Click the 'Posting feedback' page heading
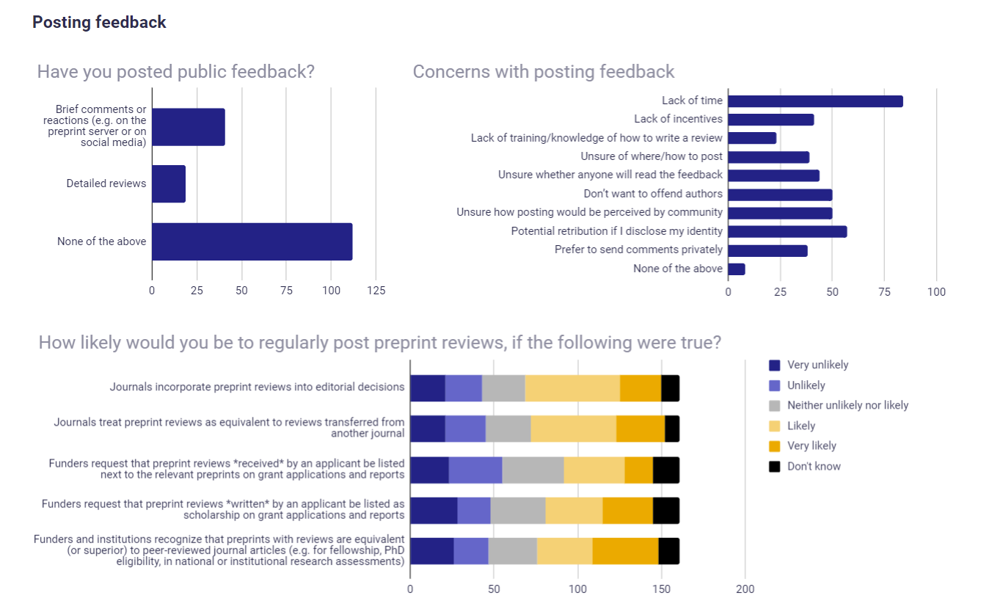tap(99, 22)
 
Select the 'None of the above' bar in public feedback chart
tap(252, 241)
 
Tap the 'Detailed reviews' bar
tap(169, 183)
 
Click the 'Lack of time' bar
tap(814, 101)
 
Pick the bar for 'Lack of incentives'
tap(770, 120)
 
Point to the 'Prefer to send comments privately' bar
tap(767, 250)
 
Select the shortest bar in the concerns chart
tap(736, 269)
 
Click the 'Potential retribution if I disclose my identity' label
tap(616, 231)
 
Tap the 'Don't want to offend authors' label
tap(653, 194)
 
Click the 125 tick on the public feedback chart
tap(376, 291)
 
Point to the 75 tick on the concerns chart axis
tap(884, 292)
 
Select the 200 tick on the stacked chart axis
tap(745, 589)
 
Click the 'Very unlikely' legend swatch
tap(774, 365)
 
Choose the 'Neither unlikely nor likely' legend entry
tap(847, 405)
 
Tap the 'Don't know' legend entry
tap(814, 466)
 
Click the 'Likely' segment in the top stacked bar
tap(572, 388)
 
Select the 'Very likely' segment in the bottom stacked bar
tap(625, 550)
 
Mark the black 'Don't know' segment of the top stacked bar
tap(670, 388)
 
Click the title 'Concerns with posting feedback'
tap(543, 71)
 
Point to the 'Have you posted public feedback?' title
tap(175, 71)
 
